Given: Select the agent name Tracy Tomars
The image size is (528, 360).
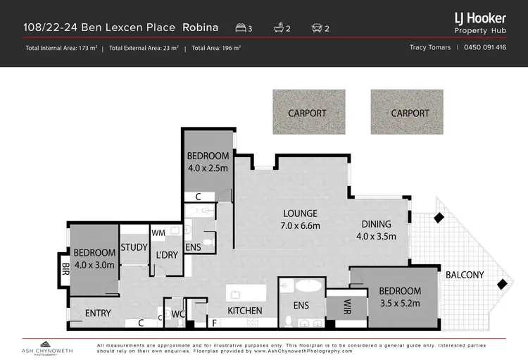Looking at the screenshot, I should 431,48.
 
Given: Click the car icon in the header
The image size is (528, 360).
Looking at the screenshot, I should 318,28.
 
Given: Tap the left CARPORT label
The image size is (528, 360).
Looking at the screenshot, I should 307,113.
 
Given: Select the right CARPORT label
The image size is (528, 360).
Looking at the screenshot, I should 410,113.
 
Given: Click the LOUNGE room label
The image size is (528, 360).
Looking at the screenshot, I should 300,213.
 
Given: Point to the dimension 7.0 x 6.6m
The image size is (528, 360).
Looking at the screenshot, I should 300,226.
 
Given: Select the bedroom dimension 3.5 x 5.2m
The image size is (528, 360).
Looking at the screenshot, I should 399,303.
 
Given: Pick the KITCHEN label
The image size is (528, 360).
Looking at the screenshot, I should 244,311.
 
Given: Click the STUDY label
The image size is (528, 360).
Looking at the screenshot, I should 134,247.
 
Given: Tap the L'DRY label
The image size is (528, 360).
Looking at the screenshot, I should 166,254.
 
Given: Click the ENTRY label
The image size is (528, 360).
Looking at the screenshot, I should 99,313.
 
